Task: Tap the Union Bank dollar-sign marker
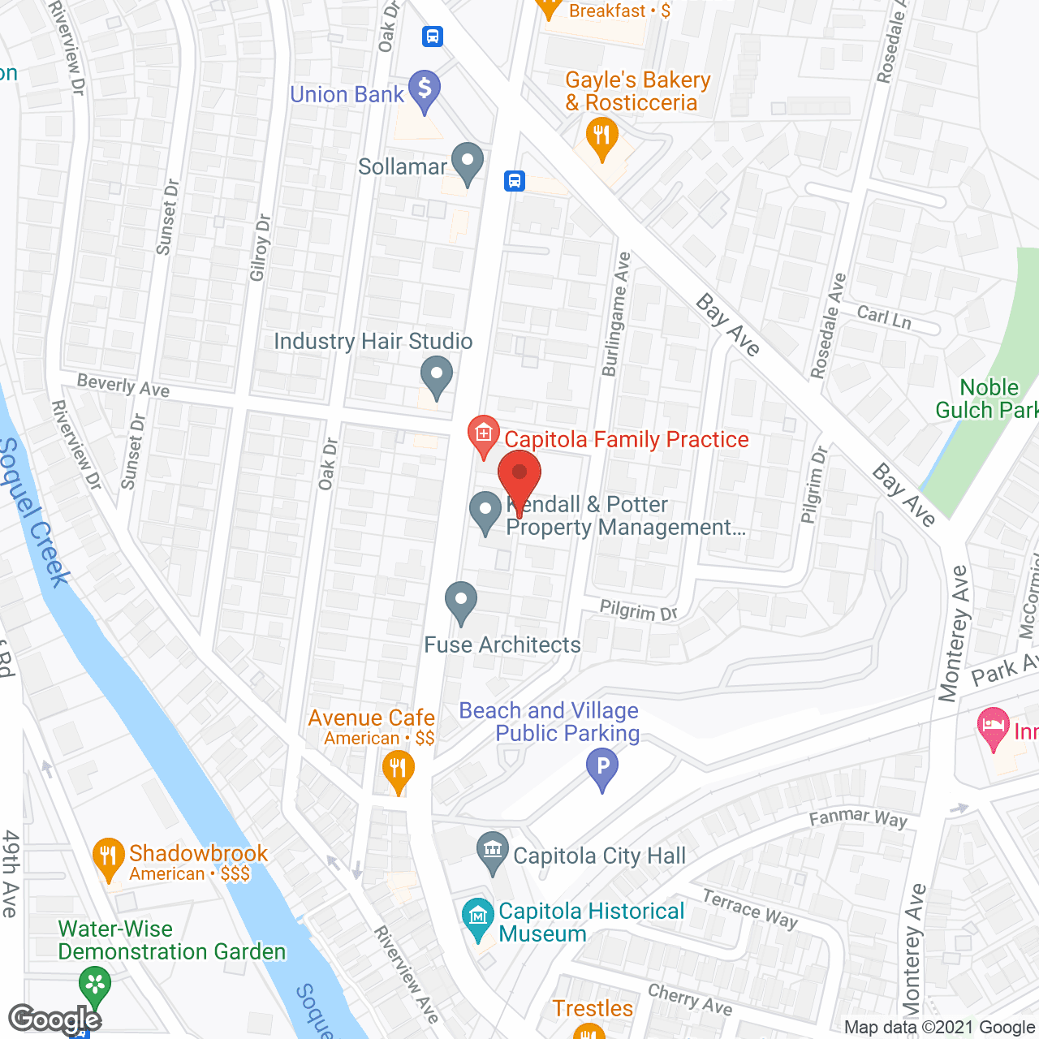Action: tap(425, 89)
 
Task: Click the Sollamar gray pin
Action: tap(467, 162)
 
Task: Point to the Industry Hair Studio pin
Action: tap(437, 377)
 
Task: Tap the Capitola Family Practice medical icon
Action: tap(484, 436)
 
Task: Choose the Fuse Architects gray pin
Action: tap(461, 602)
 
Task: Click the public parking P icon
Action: tap(602, 768)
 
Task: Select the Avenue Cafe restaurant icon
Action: tap(397, 770)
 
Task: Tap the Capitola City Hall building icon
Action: tap(492, 852)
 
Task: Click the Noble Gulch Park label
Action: tap(987, 399)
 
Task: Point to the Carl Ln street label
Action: tap(885, 317)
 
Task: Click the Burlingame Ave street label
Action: tap(615, 314)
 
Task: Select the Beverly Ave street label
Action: tap(123, 386)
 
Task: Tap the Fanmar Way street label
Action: tap(858, 817)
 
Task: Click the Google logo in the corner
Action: tap(55, 1020)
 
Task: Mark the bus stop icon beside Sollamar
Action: tap(515, 180)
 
